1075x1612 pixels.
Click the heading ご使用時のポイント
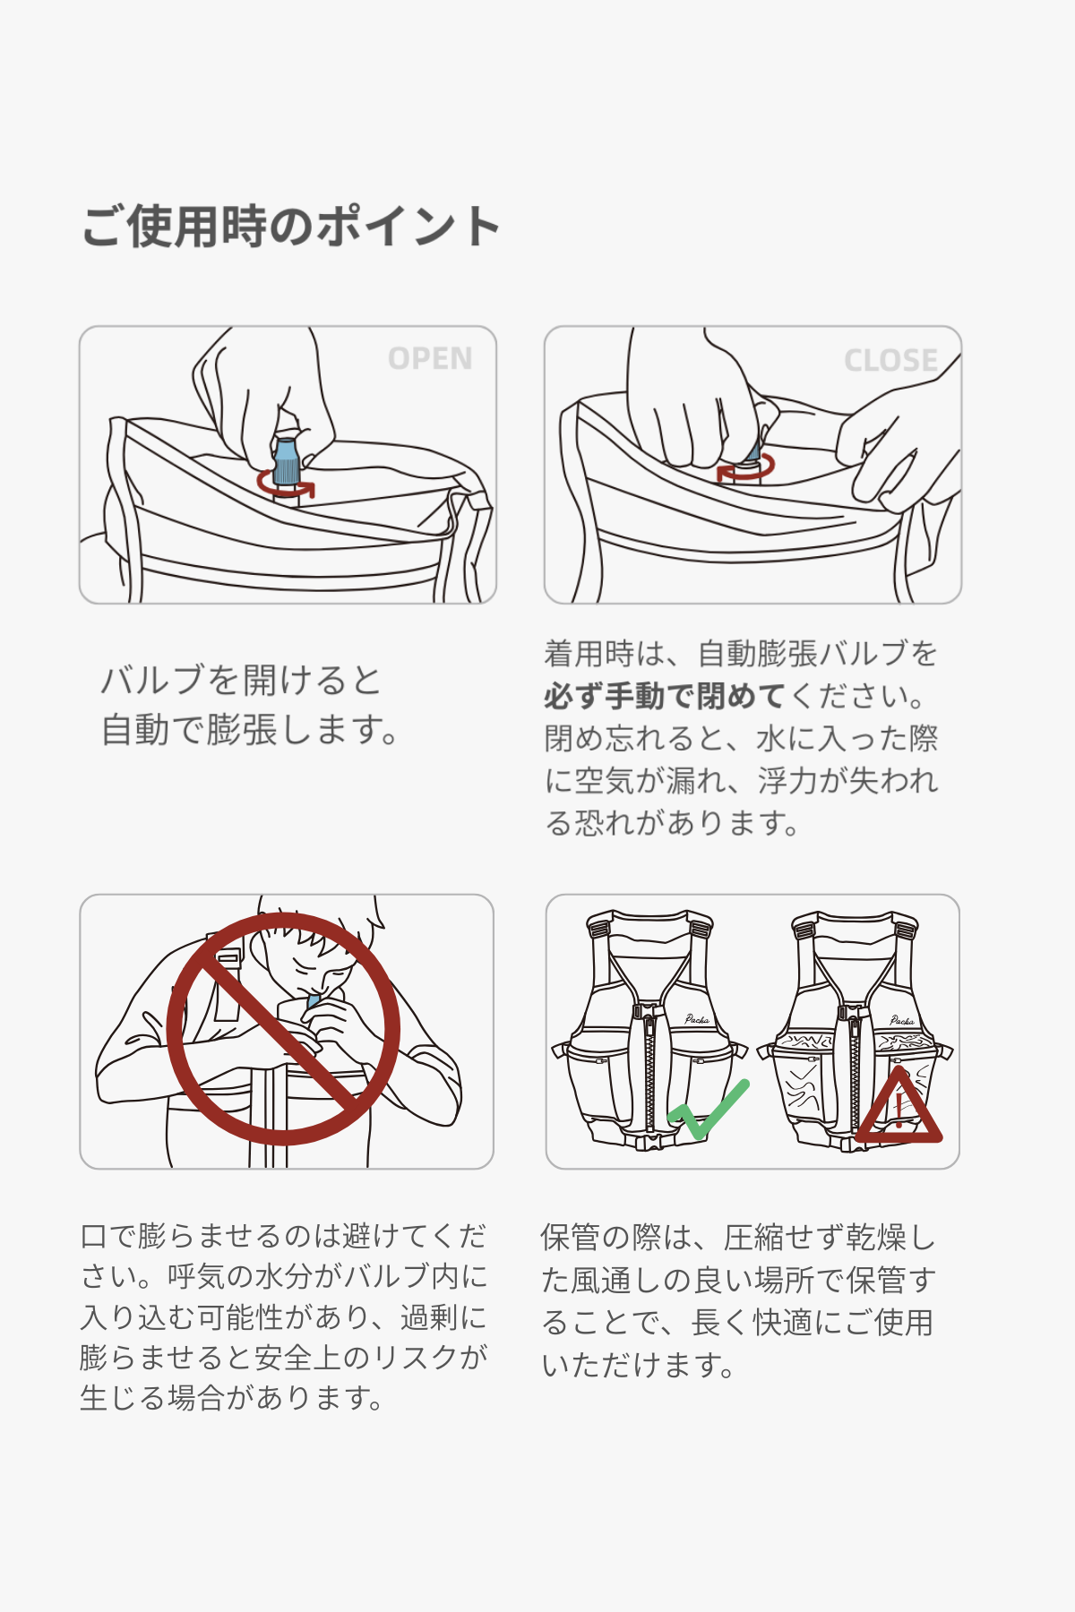[291, 226]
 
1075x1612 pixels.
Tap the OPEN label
[430, 359]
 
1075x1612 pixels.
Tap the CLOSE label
[890, 360]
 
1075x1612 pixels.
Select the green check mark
[708, 1110]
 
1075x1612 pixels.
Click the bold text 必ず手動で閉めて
[664, 696]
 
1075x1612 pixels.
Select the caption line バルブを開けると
[241, 680]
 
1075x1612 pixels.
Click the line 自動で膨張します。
[250, 730]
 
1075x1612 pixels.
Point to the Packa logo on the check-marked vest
[697, 1019]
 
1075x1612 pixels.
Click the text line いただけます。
[638, 1365]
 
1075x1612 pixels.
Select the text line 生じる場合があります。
[231, 1397]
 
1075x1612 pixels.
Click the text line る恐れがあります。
[672, 822]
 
